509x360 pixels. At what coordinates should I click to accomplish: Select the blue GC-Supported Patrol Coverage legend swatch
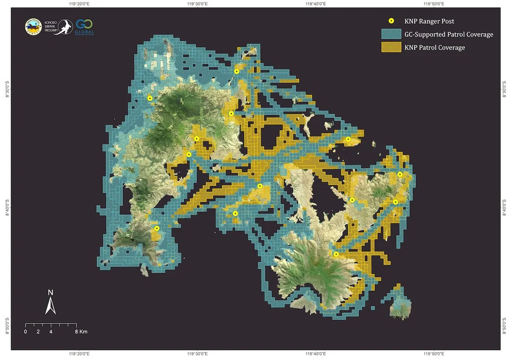click(391, 34)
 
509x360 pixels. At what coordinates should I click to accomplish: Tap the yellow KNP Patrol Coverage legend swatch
click(391, 47)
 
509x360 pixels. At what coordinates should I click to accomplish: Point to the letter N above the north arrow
click(50, 293)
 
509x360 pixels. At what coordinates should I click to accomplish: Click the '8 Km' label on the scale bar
click(81, 331)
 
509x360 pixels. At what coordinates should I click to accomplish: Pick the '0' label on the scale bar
click(25, 331)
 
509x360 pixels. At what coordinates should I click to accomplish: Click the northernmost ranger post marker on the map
click(237, 72)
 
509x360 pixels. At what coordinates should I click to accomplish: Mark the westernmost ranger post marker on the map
click(150, 98)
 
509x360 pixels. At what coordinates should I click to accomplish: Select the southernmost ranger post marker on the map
click(336, 254)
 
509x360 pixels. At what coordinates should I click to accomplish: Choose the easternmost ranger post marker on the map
click(400, 174)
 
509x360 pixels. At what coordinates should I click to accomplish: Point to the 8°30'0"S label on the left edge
click(7, 90)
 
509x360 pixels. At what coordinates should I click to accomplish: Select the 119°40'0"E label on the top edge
click(316, 4)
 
